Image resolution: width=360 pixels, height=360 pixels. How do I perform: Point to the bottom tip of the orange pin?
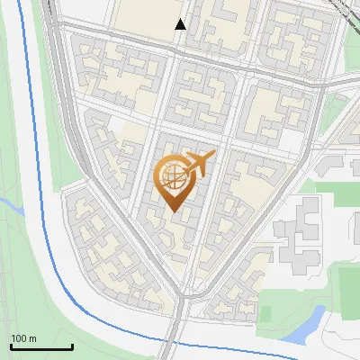pos(173,211)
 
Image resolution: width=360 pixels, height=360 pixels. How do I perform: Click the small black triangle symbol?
pos(181,24)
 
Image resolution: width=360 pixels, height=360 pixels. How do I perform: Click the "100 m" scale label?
pos(23,338)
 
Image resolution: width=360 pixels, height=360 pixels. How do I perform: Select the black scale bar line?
pos(41,346)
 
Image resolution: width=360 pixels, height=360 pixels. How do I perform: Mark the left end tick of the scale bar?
pos(11,345)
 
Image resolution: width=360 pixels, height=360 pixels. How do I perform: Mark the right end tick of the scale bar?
pos(72,345)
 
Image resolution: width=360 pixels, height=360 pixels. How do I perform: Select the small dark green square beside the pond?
pos(265,313)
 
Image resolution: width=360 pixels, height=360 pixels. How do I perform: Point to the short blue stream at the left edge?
pos(11,208)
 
